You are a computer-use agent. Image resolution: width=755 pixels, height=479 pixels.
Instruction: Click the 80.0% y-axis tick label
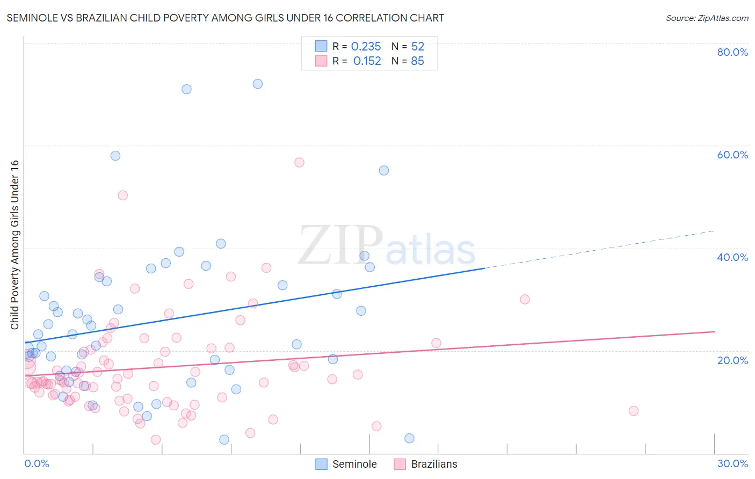[732, 52]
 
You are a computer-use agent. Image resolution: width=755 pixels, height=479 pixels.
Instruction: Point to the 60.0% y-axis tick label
[732, 155]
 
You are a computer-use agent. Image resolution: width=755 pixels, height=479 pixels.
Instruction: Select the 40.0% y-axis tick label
[732, 257]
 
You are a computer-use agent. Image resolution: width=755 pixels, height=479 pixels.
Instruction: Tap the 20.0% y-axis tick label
[732, 360]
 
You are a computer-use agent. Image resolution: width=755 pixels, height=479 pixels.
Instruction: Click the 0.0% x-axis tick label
[37, 463]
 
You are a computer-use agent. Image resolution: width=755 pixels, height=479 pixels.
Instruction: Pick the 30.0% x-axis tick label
[732, 463]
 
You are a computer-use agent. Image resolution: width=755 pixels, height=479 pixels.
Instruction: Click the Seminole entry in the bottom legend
[354, 464]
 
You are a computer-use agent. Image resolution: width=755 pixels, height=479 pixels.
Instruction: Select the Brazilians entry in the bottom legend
[434, 464]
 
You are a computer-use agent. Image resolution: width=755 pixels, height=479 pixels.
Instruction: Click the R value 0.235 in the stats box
[366, 47]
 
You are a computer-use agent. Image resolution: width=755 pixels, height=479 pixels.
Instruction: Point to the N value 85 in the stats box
[417, 61]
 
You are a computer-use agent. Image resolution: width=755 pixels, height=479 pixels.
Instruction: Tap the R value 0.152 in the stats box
[367, 61]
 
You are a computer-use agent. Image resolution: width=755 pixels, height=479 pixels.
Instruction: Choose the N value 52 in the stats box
[417, 47]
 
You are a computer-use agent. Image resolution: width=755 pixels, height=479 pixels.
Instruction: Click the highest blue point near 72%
[258, 84]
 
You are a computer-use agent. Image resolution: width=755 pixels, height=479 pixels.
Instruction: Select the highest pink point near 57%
[299, 162]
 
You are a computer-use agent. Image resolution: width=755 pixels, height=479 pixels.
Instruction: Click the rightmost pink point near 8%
[634, 411]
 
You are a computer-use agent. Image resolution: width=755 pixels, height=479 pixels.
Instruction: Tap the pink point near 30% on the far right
[525, 299]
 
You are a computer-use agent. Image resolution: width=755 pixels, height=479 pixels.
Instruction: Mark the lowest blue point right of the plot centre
[409, 438]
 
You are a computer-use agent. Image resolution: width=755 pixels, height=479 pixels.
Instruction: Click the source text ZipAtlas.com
[707, 18]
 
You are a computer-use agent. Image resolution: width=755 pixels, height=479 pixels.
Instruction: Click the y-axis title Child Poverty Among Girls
[14, 245]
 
